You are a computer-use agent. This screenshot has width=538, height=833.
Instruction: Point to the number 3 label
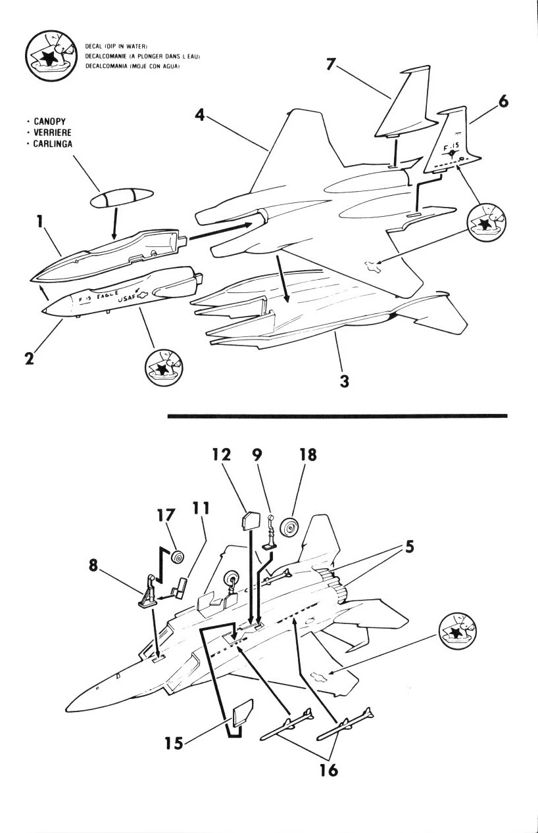(343, 380)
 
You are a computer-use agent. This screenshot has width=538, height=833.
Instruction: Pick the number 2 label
(30, 359)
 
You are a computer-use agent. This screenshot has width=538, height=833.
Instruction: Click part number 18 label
(307, 455)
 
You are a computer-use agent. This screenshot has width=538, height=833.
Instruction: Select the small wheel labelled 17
(176, 558)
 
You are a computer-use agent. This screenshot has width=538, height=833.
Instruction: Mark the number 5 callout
(409, 547)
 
